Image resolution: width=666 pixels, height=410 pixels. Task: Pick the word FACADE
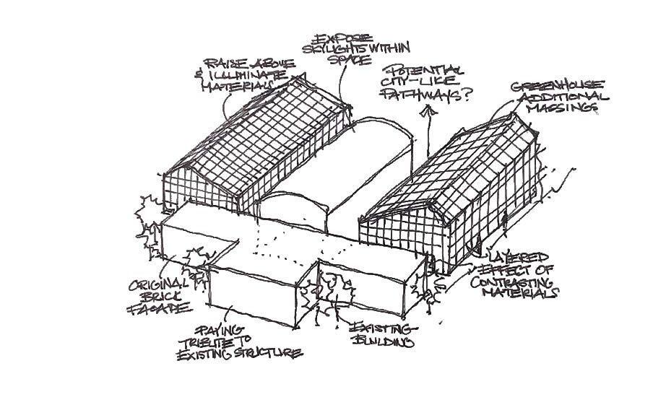159,308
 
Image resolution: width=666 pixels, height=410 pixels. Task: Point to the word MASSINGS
567,108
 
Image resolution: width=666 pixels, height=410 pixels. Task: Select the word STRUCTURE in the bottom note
268,354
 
